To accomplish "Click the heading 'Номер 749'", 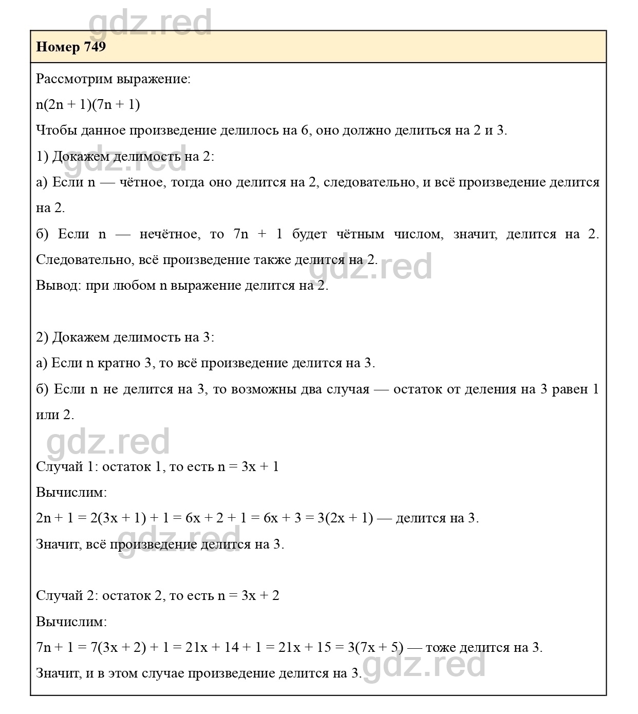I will [71, 47].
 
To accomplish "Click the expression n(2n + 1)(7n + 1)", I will [88, 105].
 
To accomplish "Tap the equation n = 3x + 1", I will [248, 467].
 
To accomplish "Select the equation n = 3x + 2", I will [249, 596].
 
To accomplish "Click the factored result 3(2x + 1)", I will [345, 518].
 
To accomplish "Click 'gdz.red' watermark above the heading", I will [150, 22].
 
